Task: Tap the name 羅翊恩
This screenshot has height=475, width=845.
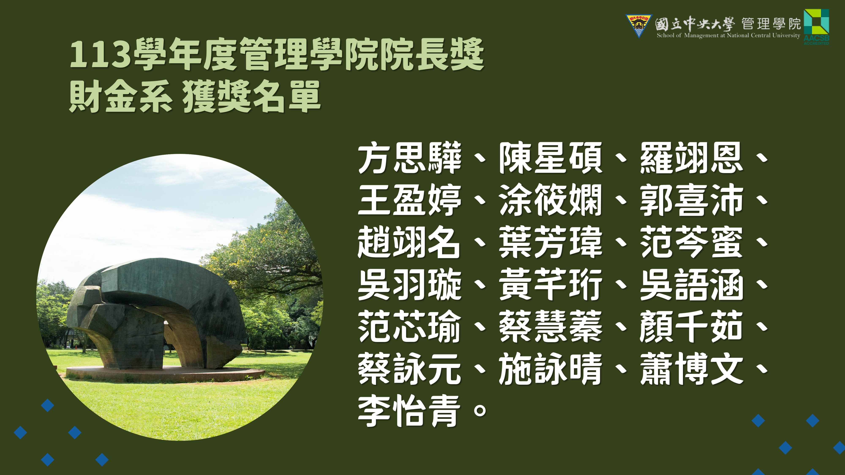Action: (x=691, y=158)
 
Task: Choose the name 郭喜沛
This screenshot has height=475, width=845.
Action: (x=691, y=200)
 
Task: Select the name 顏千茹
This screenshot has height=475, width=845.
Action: (x=691, y=327)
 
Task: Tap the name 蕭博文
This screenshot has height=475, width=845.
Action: (x=691, y=368)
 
